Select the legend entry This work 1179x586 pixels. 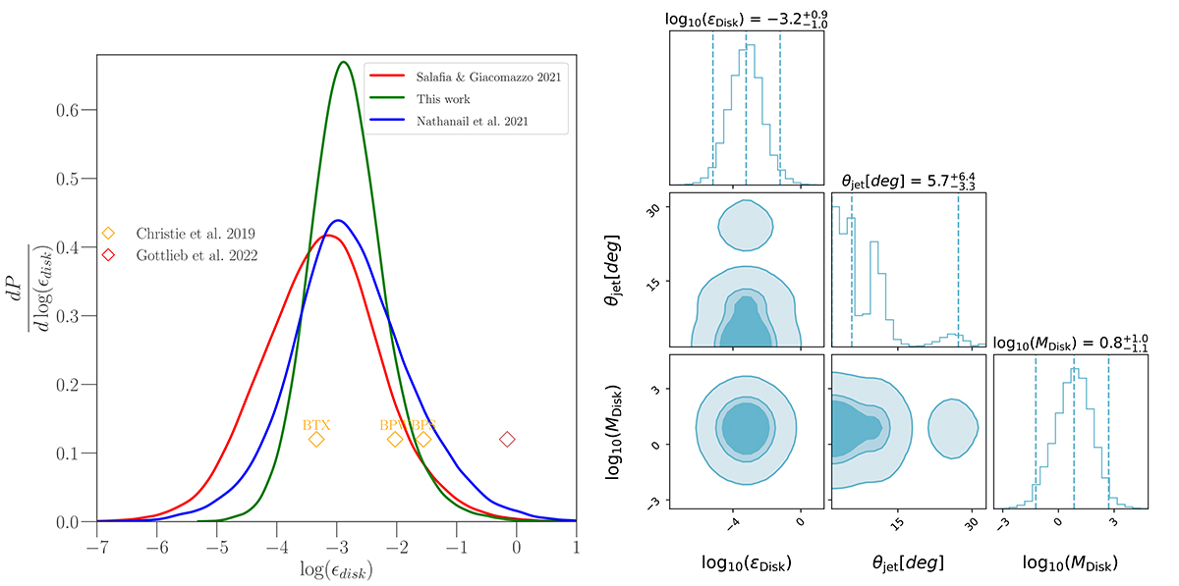coord(443,99)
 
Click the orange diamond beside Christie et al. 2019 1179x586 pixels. coord(109,234)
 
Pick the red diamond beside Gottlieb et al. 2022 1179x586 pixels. coord(109,255)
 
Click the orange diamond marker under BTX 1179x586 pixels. coord(316,439)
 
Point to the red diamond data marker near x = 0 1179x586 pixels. coord(507,439)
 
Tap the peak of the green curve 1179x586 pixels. coord(344,62)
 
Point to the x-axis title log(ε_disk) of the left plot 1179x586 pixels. coord(336,568)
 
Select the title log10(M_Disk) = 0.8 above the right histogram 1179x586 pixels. coord(1070,342)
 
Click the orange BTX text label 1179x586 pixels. coord(316,424)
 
